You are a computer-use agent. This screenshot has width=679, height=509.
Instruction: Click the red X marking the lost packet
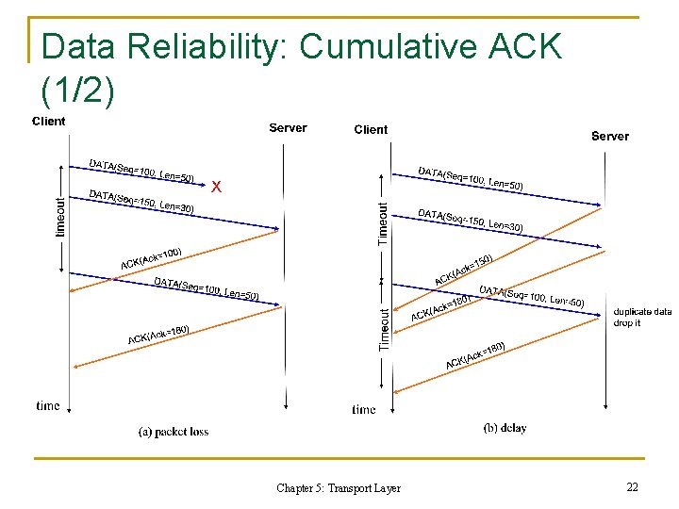(x=217, y=187)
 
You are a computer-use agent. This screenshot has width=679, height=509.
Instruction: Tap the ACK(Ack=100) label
(x=151, y=257)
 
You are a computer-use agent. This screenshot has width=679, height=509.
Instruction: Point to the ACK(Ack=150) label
(x=464, y=268)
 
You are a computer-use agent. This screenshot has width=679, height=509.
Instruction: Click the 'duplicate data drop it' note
(x=642, y=317)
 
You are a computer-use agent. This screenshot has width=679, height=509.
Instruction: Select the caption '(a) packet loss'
(x=174, y=432)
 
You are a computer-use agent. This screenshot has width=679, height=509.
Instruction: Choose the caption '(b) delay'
(x=505, y=428)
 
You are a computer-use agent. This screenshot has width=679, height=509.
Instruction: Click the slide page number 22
(x=632, y=486)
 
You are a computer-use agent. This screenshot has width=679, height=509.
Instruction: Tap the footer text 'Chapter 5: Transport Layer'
(x=339, y=488)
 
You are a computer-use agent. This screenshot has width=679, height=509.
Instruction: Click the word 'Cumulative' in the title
(x=386, y=46)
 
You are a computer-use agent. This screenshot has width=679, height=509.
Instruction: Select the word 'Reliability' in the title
(x=202, y=46)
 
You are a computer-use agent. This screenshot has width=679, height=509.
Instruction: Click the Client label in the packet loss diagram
(x=49, y=121)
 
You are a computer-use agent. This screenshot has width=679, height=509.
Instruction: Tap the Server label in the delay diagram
(x=609, y=136)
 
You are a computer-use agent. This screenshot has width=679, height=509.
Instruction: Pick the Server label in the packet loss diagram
(x=288, y=127)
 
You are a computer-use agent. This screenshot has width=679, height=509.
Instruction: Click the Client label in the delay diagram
(x=371, y=129)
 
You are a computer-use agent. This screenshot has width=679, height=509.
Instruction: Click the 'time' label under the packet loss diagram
(x=48, y=406)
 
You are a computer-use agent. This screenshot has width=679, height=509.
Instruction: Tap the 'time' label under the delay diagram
(x=364, y=409)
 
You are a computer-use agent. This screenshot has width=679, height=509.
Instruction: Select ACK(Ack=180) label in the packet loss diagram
(x=159, y=335)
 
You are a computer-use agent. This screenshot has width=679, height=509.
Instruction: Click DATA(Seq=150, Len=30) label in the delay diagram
(x=470, y=221)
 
